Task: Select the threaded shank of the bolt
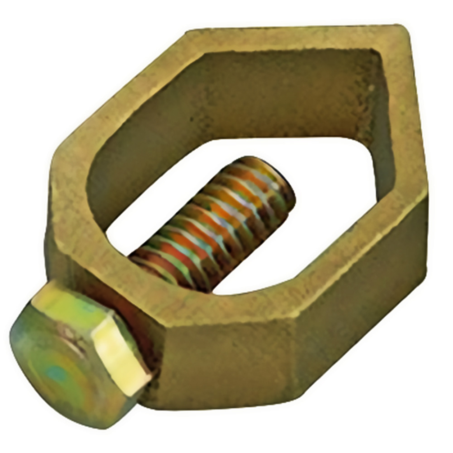[214, 226]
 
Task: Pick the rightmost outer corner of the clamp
[426, 198]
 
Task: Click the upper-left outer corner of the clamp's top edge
[187, 31]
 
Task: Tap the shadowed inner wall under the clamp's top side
[268, 95]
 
